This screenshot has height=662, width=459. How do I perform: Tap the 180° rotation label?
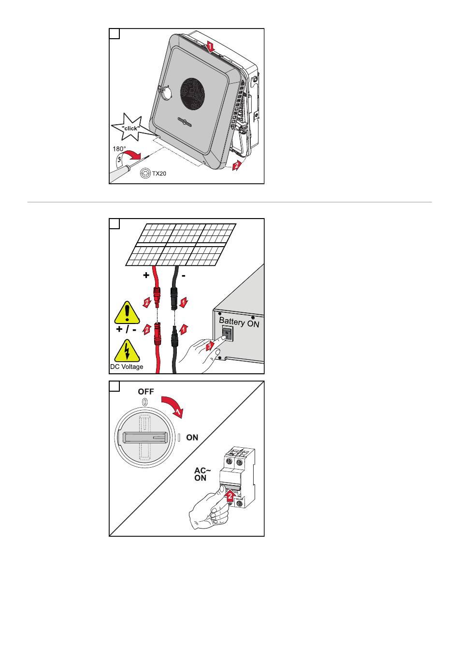119,149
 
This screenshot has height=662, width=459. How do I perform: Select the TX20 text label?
159,173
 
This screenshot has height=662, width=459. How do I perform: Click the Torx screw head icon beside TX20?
145,173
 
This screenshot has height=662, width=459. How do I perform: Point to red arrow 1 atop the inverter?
209,47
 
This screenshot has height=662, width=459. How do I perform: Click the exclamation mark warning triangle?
126,312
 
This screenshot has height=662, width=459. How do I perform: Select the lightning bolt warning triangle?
127,352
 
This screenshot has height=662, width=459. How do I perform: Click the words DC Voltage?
127,367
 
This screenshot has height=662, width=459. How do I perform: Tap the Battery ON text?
239,322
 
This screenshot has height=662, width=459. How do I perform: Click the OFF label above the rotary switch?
146,392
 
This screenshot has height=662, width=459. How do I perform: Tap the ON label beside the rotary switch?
192,438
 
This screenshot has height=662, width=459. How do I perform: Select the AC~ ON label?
201,474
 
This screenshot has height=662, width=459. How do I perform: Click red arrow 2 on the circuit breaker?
231,495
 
